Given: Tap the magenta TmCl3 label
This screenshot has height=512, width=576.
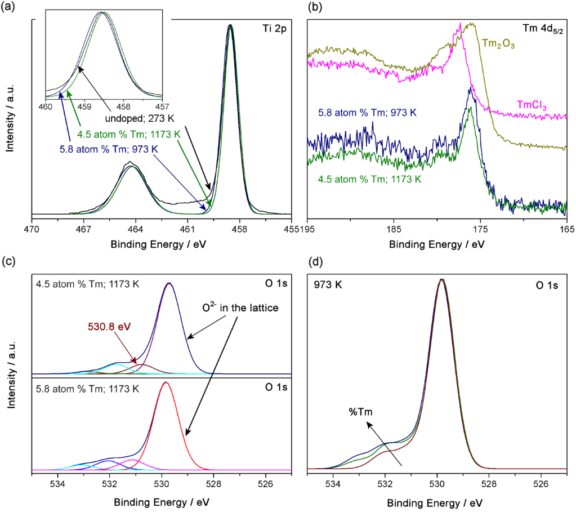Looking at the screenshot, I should (x=533, y=104).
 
